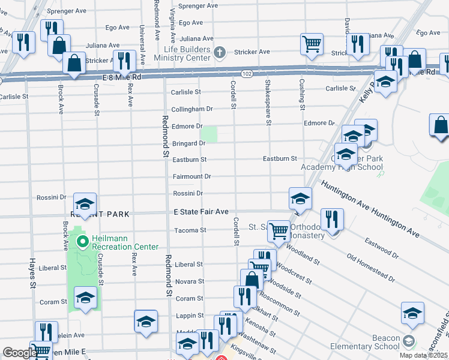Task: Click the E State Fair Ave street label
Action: (201, 212)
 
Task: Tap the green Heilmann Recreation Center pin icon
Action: (82, 242)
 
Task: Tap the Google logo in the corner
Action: (19, 353)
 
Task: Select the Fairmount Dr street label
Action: (191, 176)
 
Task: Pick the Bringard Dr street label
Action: (188, 143)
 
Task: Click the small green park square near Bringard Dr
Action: (209, 134)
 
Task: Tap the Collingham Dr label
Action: (192, 109)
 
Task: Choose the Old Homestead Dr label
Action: (371, 270)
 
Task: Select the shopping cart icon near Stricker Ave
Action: (312, 43)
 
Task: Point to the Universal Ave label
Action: (142, 45)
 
